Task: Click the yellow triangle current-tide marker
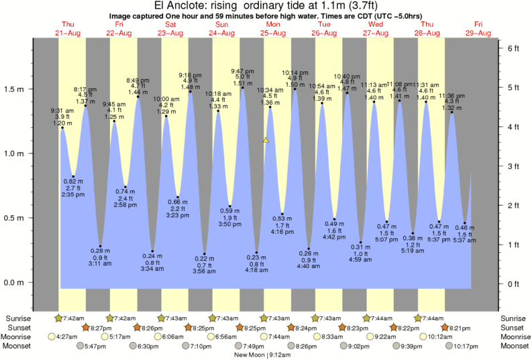tap(266, 140)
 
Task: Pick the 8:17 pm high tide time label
tap(85, 88)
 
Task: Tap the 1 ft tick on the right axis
tap(513, 244)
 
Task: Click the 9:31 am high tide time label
tap(62, 111)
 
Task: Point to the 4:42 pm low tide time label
tap(334, 237)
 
